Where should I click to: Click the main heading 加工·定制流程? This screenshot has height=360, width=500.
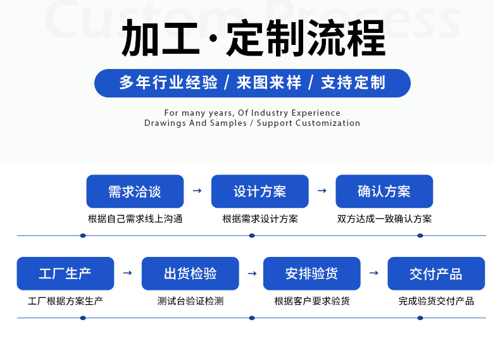click(x=253, y=39)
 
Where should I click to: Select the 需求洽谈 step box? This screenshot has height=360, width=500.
click(x=135, y=191)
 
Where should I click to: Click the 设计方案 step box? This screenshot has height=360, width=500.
click(x=259, y=191)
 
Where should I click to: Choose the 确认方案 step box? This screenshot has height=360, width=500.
click(x=384, y=191)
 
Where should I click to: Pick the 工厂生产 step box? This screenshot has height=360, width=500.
click(x=65, y=273)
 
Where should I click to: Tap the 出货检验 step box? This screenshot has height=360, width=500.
click(x=190, y=273)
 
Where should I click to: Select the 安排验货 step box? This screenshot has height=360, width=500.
click(x=311, y=273)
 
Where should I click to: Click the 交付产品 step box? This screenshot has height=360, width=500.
click(x=436, y=273)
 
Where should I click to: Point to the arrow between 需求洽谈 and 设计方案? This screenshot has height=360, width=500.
click(x=197, y=191)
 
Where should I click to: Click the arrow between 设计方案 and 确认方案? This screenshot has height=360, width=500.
click(x=322, y=191)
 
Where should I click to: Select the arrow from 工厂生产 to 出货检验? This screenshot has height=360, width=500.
click(x=127, y=273)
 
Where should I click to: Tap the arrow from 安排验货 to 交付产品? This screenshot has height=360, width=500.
click(x=374, y=273)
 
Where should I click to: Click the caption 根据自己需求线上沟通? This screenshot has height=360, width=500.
click(x=135, y=220)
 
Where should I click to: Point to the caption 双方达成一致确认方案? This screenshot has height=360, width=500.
click(x=384, y=220)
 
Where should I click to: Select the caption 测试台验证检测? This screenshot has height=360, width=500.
click(x=190, y=301)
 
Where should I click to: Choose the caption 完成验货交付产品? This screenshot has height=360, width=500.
click(x=436, y=301)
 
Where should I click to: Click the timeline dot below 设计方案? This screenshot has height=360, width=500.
click(x=252, y=235)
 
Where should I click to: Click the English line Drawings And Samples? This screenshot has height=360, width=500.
click(x=252, y=123)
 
